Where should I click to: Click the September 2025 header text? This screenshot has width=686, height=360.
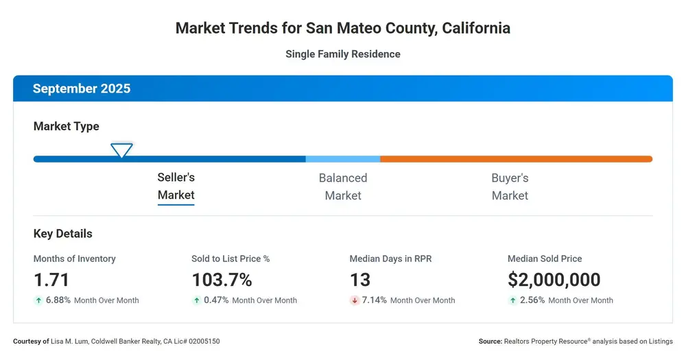pos(82,88)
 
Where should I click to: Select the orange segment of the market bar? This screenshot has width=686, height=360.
pos(517,159)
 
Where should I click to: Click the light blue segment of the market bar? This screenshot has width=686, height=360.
pos(343,159)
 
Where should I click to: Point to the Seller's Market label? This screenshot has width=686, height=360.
pos(176,186)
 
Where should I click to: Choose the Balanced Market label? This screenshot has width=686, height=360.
pos(343,187)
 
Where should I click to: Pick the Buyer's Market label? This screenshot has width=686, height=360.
pos(510,187)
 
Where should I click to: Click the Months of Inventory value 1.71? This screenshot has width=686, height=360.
pos(51,280)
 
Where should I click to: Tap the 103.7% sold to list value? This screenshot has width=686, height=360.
pos(222,280)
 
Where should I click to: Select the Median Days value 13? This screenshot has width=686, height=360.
pos(360,280)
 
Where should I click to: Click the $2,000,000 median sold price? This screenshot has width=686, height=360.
pos(554,280)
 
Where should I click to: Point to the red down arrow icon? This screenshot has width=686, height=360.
pos(355,300)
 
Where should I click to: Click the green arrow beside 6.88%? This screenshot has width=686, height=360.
pos(38,300)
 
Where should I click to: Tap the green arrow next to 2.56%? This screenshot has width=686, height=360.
pos(512,300)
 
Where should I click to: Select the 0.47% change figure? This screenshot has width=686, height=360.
pos(216,300)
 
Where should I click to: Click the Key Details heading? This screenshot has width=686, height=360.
pos(62,234)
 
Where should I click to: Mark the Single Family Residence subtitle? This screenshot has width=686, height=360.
pos(343,54)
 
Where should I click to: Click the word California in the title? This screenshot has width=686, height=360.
pos(476,28)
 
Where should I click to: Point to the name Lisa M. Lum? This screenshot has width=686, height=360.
pos(69,341)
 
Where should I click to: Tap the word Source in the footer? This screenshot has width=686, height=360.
pos(490,341)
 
